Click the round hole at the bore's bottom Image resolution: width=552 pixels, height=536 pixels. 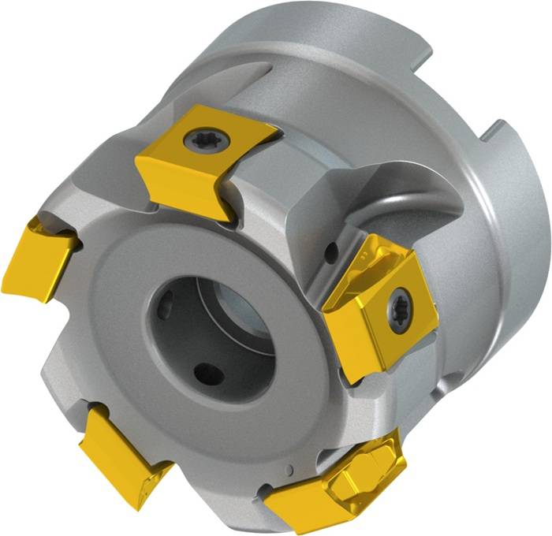coord(209,373)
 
